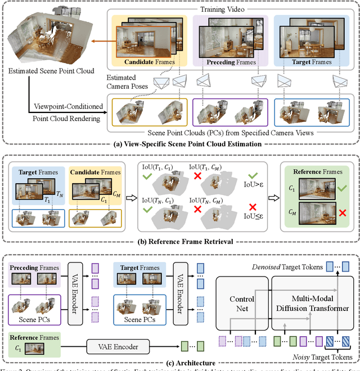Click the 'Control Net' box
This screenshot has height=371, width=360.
(x=242, y=304)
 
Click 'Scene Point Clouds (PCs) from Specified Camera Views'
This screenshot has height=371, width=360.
(x=231, y=133)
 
